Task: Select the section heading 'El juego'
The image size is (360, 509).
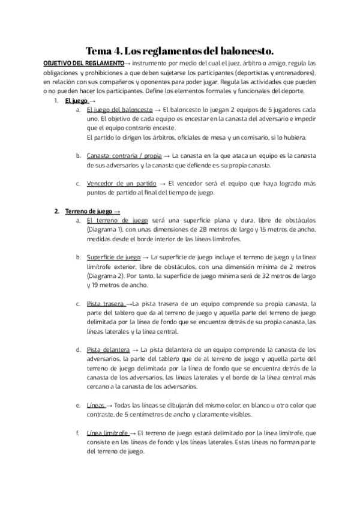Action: [x=76, y=100]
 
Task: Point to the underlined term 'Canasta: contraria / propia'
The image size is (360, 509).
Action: [x=124, y=155]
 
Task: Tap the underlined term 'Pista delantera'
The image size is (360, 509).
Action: [x=108, y=349]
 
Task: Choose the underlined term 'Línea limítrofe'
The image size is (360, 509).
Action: [x=107, y=432]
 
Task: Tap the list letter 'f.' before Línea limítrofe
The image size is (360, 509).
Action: [x=77, y=432]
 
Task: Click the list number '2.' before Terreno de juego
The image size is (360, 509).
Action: [x=56, y=211]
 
